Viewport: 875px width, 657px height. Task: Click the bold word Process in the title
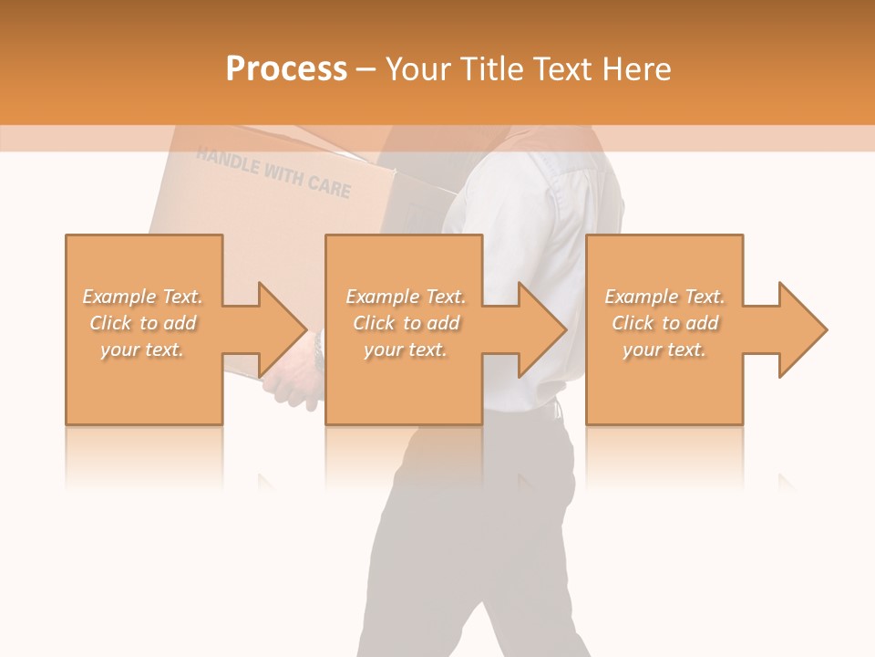point(286,68)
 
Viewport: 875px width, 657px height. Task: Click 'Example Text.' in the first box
point(143,297)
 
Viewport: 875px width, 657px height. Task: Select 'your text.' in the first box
point(143,349)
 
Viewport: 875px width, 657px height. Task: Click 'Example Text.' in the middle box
point(406,297)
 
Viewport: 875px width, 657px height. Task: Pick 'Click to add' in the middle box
point(406,323)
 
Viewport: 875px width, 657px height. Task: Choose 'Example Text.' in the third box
point(664,297)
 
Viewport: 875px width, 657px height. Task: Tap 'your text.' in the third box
point(664,349)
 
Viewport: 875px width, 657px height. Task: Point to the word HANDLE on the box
point(227,162)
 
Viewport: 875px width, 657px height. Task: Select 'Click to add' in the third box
point(664,323)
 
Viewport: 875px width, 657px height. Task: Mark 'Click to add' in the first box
point(143,323)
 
